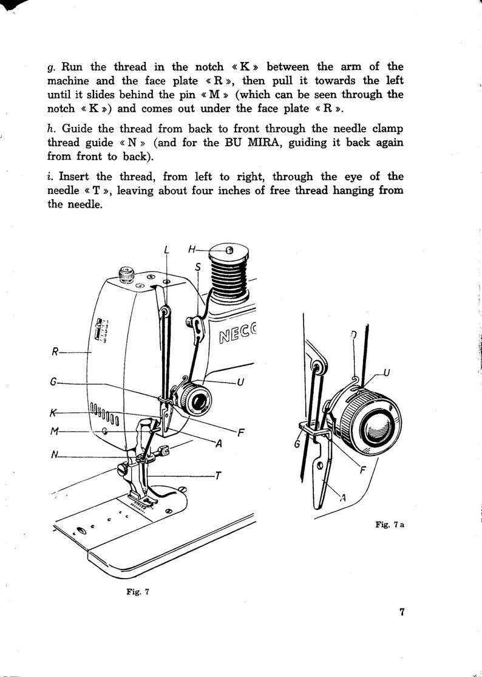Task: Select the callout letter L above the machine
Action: coord(166,249)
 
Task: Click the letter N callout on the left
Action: coord(55,456)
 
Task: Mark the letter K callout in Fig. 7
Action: coord(55,413)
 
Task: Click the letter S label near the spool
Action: coord(198,267)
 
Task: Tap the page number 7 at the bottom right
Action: coord(402,611)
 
